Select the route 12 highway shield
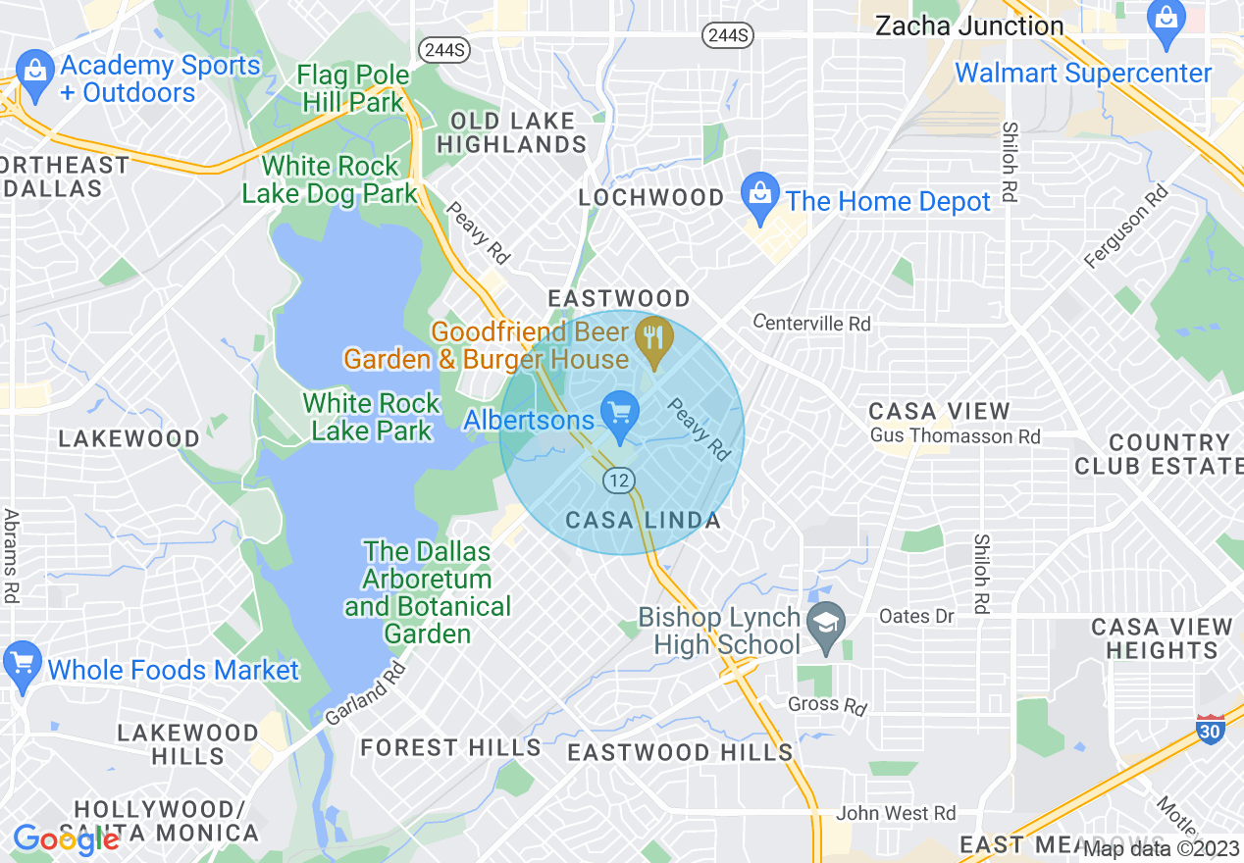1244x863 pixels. click(618, 481)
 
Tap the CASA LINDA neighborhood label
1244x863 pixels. click(644, 521)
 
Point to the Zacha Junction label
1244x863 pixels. click(969, 26)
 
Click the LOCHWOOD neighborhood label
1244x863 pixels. click(651, 198)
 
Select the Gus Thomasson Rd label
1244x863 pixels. click(956, 436)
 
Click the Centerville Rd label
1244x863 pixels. click(811, 323)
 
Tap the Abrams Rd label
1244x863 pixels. click(12, 555)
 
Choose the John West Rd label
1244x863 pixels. click(896, 813)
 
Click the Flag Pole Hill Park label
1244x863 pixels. click(353, 88)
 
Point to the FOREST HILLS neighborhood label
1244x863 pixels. click(450, 748)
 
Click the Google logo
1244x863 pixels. click(66, 839)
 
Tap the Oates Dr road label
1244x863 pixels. click(916, 616)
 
